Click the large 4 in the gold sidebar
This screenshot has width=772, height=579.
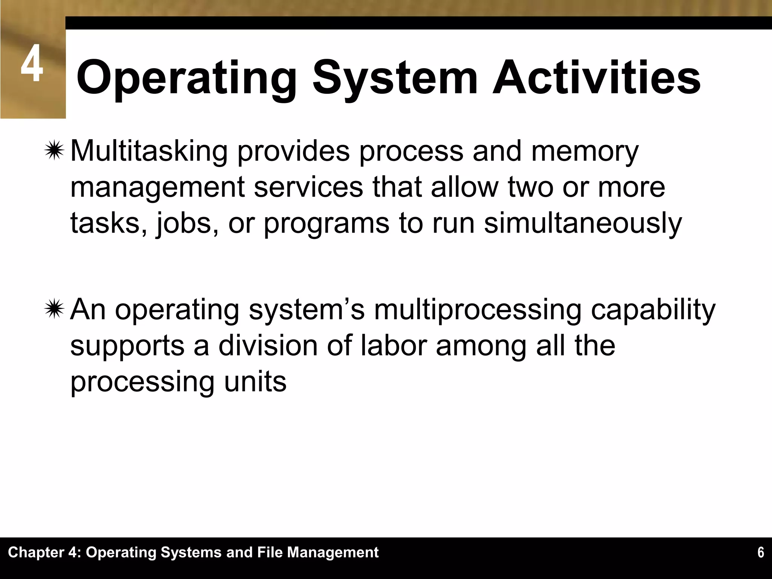pyautogui.click(x=32, y=64)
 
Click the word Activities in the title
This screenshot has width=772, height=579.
pyautogui.click(x=596, y=78)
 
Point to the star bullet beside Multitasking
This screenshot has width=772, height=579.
pyautogui.click(x=54, y=151)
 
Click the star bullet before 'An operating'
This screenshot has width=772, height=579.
pyautogui.click(x=54, y=309)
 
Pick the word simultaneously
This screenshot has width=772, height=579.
pyautogui.click(x=583, y=223)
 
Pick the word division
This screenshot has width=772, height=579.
pyautogui.click(x=268, y=345)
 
